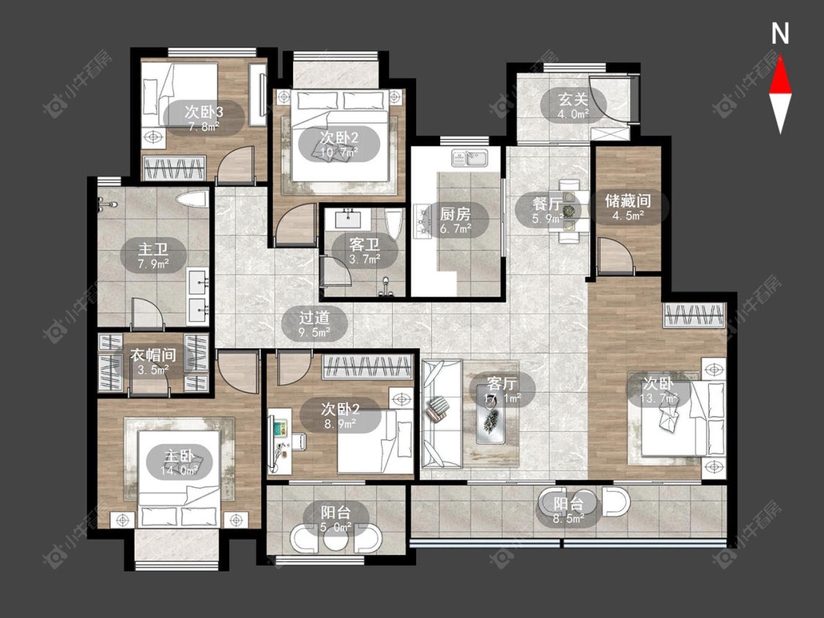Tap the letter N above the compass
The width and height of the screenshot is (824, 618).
tap(780, 33)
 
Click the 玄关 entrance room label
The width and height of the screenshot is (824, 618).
tap(573, 99)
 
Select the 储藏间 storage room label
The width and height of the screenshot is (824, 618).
tap(628, 200)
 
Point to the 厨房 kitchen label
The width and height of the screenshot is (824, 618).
tap(455, 213)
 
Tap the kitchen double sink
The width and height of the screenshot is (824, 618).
tap(469, 157)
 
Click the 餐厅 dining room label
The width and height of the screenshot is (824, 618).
tap(546, 203)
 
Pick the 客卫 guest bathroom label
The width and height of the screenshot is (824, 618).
tap(364, 245)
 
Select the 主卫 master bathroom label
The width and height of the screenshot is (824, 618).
tap(153, 248)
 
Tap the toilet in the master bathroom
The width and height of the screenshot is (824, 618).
tap(191, 199)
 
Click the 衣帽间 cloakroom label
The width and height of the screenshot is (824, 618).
tap(153, 355)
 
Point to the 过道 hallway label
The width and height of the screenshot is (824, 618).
tap(313, 317)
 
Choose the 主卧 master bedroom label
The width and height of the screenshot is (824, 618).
tap(179, 456)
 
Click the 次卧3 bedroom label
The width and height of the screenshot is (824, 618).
tap(204, 111)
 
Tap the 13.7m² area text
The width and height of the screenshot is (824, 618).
tap(658, 398)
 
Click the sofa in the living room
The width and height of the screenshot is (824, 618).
tap(442, 414)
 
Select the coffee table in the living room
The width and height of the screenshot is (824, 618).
tap(491, 414)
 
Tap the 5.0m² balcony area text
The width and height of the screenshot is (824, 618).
tap(335, 526)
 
